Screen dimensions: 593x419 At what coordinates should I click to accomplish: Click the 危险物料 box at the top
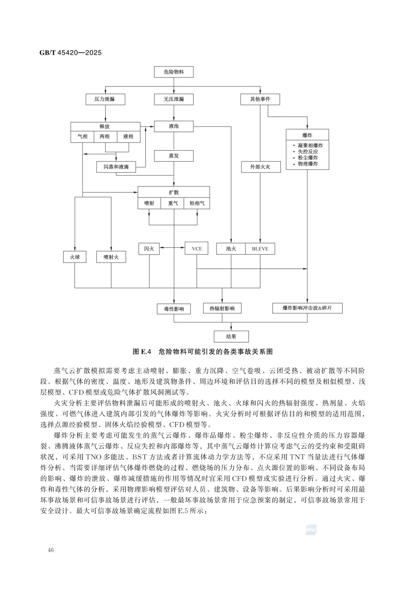click(173, 72)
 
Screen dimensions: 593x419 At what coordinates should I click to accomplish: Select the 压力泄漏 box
click(105, 99)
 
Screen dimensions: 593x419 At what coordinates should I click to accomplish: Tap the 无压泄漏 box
click(173, 99)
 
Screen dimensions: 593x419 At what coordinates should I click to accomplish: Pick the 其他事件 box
click(260, 99)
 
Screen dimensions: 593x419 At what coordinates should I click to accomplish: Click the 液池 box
click(173, 126)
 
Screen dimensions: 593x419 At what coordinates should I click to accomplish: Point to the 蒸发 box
click(173, 156)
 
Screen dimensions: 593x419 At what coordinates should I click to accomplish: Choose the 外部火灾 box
click(260, 167)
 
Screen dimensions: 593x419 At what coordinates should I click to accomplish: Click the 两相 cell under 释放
click(105, 137)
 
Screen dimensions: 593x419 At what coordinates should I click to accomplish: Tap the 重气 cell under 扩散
click(173, 203)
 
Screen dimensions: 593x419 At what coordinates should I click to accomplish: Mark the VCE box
click(197, 249)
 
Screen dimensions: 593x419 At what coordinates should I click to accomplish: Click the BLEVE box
click(260, 249)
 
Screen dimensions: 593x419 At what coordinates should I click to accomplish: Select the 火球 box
click(75, 257)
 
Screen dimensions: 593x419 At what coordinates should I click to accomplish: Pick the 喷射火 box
click(111, 257)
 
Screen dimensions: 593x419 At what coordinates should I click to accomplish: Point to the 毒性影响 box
click(173, 309)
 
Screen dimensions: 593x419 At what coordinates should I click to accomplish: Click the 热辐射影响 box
click(222, 308)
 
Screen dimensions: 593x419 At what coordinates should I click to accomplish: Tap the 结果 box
click(231, 336)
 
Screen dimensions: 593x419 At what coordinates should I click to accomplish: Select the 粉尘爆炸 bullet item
click(308, 158)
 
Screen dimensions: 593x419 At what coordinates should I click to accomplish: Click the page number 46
click(50, 550)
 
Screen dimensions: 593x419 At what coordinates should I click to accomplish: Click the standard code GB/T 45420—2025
click(70, 52)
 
